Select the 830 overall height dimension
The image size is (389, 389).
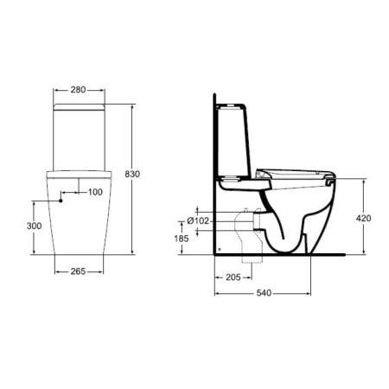[132, 174]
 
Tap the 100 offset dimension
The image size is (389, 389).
[94, 191]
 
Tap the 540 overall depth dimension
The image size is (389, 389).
[265, 294]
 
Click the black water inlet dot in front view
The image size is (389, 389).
[61, 200]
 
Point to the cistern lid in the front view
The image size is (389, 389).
[79, 106]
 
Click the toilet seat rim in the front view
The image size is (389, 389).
[79, 174]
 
